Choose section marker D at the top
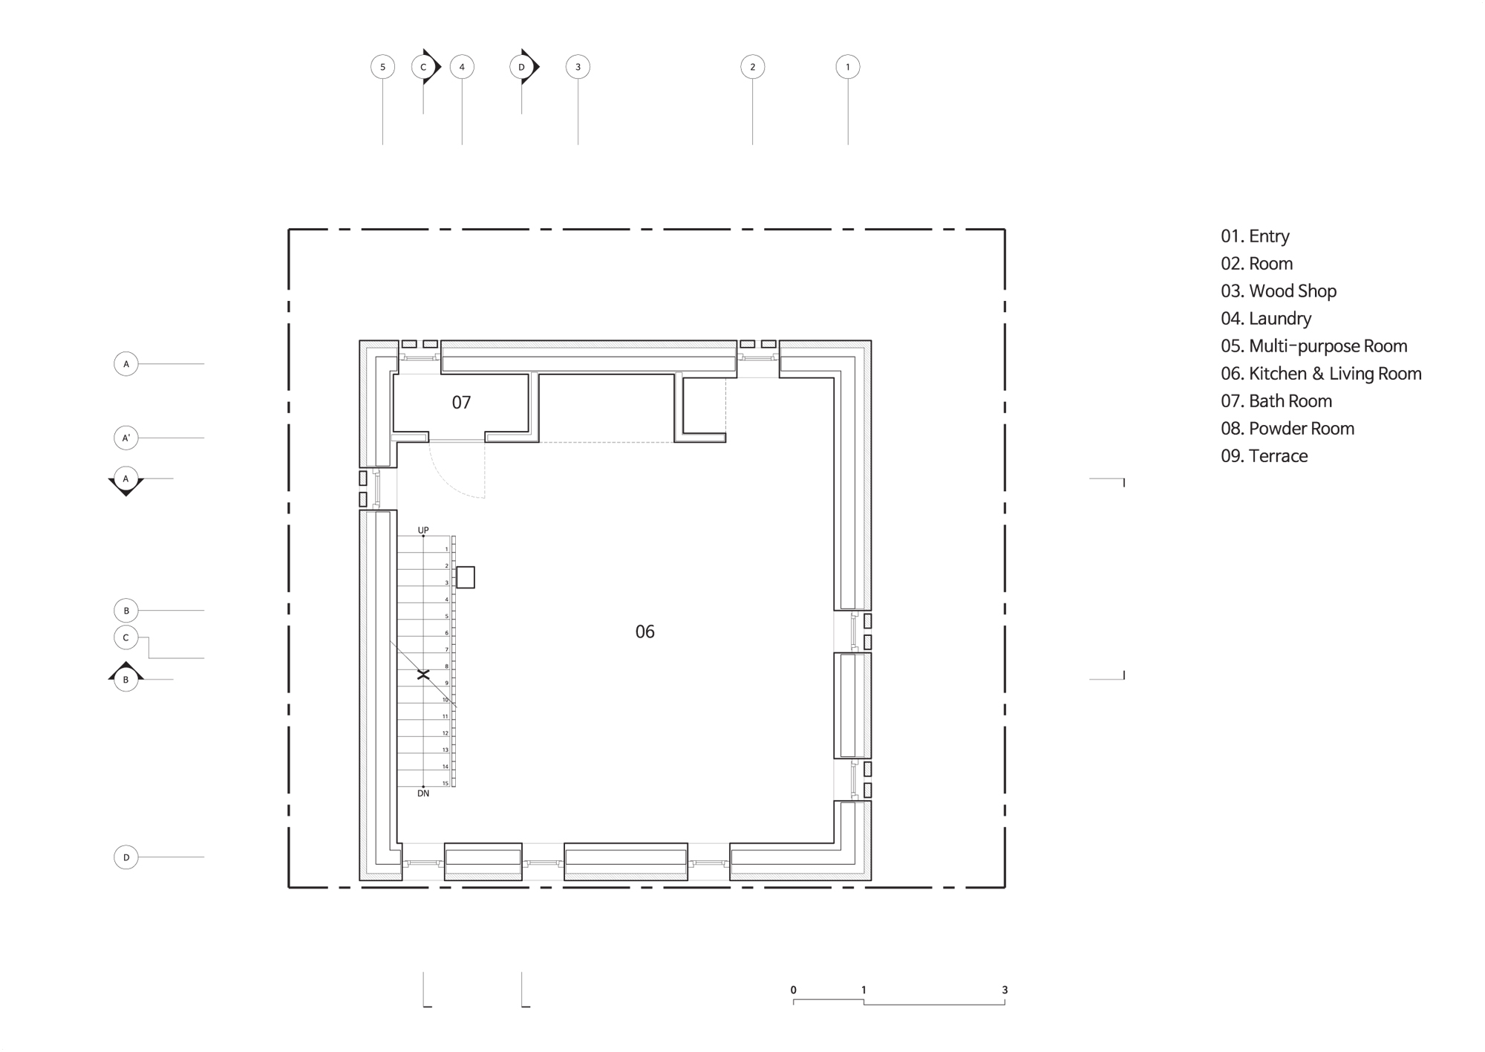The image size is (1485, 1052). click(x=523, y=67)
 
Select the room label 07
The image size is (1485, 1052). click(x=461, y=403)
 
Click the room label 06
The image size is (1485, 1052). click(x=644, y=631)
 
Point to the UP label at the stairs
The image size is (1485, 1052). click(x=423, y=530)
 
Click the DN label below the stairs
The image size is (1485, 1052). click(x=423, y=793)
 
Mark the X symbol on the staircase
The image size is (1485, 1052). click(x=423, y=675)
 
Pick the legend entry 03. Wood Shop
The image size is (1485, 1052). click(x=1279, y=291)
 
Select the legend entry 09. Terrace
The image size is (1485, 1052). click(x=1264, y=456)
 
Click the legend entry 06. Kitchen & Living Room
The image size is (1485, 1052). click(x=1321, y=374)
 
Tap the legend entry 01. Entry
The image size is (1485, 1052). click(x=1255, y=236)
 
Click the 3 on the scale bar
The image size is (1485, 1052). click(x=1005, y=990)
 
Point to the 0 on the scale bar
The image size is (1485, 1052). click(x=793, y=990)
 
